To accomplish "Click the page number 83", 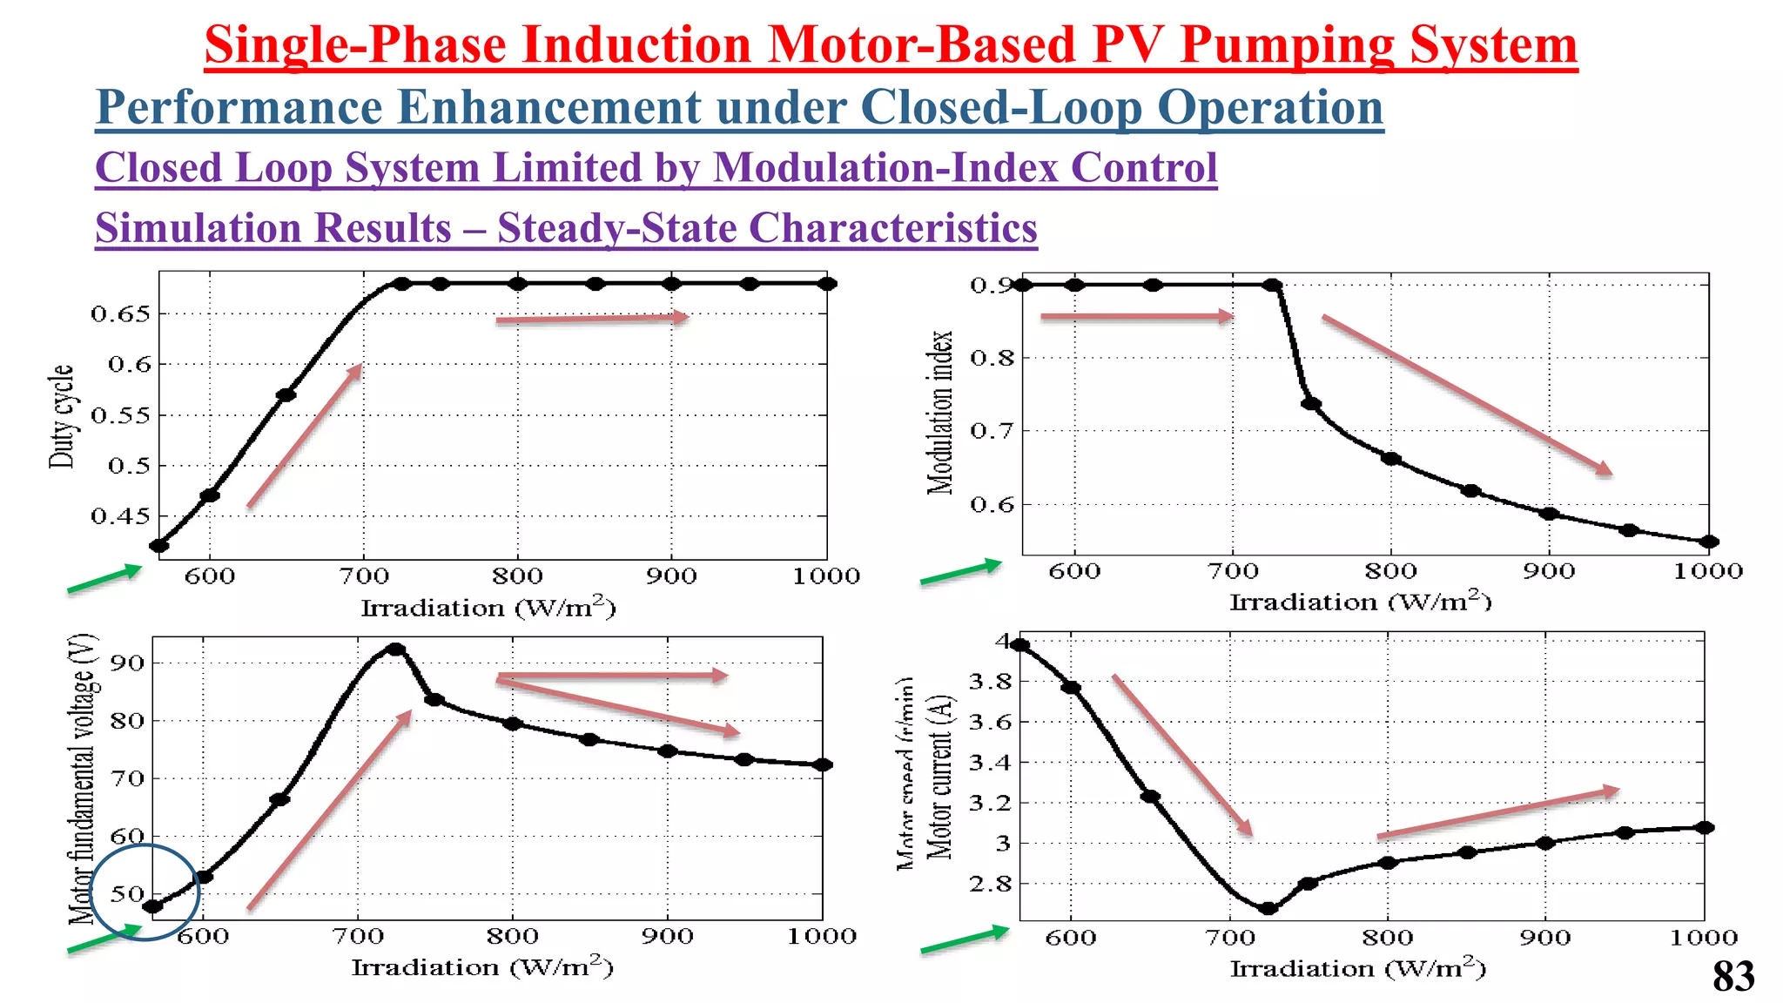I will (x=1733, y=976).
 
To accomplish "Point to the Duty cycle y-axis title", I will (x=61, y=416).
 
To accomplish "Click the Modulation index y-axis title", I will (x=940, y=413).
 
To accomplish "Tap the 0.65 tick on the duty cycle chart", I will (x=120, y=313).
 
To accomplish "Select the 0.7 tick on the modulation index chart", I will (x=992, y=431).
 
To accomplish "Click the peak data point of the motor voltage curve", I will (x=395, y=650).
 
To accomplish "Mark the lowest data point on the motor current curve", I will (x=1268, y=908).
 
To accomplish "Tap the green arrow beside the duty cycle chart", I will (x=104, y=579).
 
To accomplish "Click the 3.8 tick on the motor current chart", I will (x=990, y=682).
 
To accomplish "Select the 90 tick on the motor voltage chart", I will (x=126, y=663).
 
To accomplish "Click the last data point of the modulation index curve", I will (x=1709, y=542).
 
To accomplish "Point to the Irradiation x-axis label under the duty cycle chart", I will (x=488, y=607).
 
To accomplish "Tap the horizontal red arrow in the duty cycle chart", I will (x=592, y=319).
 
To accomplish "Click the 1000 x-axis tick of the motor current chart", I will (x=1703, y=938).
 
